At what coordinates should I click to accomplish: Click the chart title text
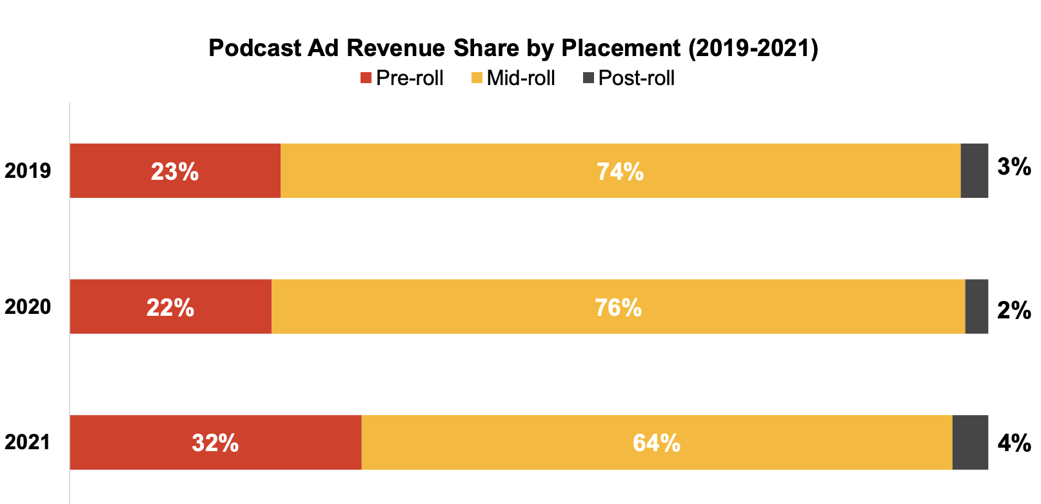513,48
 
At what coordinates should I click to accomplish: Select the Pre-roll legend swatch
366,79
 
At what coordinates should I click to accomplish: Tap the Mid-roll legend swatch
477,79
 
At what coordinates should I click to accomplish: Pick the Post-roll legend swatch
588,79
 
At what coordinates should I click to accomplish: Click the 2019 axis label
28,171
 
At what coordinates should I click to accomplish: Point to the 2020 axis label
28,307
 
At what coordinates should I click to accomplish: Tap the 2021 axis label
28,443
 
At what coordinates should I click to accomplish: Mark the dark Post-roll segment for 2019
974,171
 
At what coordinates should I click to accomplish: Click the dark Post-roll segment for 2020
977,307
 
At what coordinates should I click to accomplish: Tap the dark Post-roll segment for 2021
970,443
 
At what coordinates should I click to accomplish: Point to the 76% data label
618,308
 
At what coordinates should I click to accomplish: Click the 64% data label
657,443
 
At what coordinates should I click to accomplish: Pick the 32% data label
215,443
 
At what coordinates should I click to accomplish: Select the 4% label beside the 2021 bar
1014,443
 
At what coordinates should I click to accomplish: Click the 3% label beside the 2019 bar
1014,168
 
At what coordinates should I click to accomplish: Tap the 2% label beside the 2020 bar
1014,311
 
